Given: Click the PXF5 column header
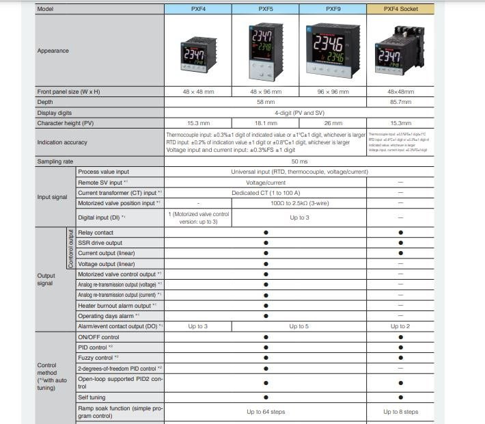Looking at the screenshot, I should pyautogui.click(x=264, y=9).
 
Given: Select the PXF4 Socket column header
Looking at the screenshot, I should pyautogui.click(x=400, y=9).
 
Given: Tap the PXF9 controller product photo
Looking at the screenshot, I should pyautogui.click(x=332, y=49).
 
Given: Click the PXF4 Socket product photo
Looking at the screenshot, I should pyautogui.click(x=400, y=49).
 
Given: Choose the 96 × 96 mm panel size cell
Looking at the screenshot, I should pyautogui.click(x=332, y=91).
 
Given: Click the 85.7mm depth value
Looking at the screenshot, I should pyautogui.click(x=400, y=101).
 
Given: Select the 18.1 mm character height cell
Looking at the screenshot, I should pyautogui.click(x=264, y=123).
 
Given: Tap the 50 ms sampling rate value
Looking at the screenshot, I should pyautogui.click(x=299, y=161).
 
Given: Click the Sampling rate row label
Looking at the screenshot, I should pyautogui.click(x=55, y=161).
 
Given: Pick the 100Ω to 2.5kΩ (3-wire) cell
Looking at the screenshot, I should pyautogui.click(x=298, y=203).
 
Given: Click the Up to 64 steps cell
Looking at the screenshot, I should pyautogui.click(x=266, y=412).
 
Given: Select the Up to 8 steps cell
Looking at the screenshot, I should pyautogui.click(x=400, y=412).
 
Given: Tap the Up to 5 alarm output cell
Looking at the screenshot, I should pyautogui.click(x=298, y=326).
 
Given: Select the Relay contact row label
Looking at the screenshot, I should pyautogui.click(x=96, y=233).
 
